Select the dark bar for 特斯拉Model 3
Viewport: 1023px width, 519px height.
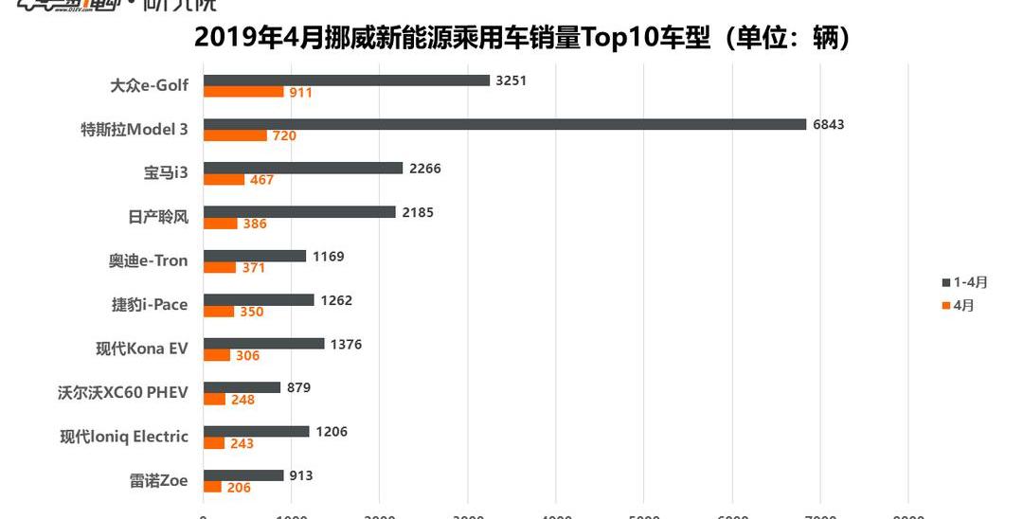[505, 124]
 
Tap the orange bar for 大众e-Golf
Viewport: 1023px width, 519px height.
[243, 92]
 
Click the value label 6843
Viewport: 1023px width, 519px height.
[828, 124]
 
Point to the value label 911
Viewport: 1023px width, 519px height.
[301, 93]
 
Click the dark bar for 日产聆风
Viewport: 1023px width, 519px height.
[299, 212]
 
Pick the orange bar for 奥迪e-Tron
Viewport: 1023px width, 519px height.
[220, 267]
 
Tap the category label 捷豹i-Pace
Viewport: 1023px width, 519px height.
[150, 305]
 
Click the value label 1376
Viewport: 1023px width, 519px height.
[346, 344]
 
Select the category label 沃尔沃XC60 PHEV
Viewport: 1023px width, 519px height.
[123, 392]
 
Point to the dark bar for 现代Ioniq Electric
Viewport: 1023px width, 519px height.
[257, 431]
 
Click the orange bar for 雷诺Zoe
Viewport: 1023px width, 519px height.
[212, 487]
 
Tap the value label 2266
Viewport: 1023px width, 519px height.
[425, 169]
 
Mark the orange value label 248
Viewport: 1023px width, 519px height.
[242, 400]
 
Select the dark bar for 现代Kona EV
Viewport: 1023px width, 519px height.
[264, 344]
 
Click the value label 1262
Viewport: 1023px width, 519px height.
[336, 300]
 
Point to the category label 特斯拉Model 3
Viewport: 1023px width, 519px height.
[135, 130]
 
